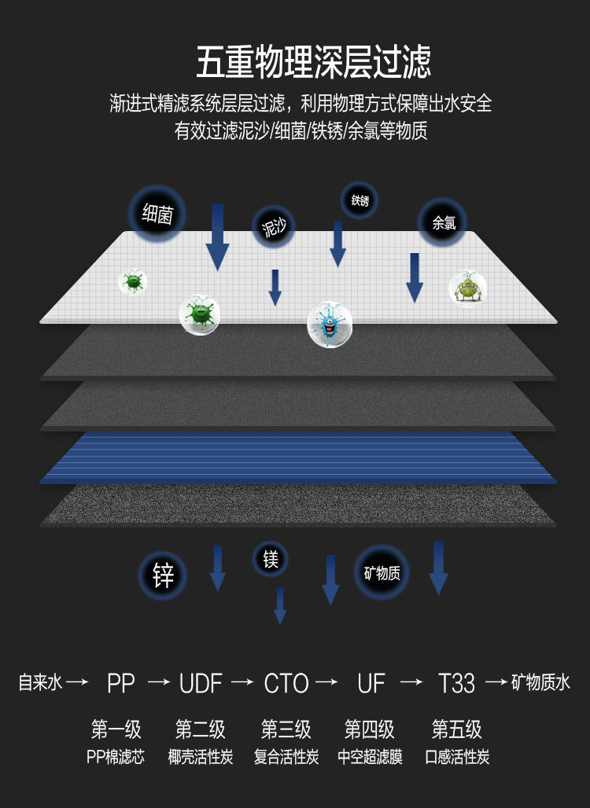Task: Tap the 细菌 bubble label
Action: coord(157,214)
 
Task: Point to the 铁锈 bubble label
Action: coord(360,200)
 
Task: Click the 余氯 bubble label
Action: coord(443,222)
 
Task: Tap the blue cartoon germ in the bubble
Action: coord(329,322)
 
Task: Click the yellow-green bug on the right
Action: coord(467,288)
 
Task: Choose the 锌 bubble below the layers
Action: coord(164,575)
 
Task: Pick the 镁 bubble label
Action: coord(271,560)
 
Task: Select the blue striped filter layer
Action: coord(299,458)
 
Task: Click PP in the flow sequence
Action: coord(121,683)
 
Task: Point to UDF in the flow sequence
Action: coord(201,683)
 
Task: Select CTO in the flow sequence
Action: coord(286,683)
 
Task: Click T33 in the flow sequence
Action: coord(456,683)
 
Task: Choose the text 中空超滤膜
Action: coord(370,758)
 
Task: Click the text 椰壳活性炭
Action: coord(201,758)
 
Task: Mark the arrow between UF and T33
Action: coord(411,682)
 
